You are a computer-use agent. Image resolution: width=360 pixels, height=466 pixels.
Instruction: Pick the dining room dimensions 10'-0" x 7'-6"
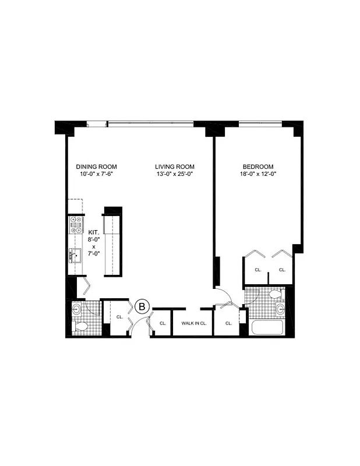click(97, 174)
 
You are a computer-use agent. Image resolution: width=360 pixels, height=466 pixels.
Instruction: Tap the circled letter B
click(143, 305)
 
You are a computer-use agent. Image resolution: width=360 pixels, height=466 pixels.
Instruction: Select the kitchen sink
click(75, 254)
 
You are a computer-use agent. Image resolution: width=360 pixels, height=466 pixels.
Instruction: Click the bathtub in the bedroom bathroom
click(267, 327)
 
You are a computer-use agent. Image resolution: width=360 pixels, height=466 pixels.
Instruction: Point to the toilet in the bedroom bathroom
click(275, 295)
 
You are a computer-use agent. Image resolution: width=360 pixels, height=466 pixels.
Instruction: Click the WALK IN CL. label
click(194, 323)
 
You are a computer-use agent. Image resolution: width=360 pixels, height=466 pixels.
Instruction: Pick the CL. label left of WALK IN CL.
click(163, 323)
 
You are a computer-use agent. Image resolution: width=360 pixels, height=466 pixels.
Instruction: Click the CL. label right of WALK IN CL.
click(228, 323)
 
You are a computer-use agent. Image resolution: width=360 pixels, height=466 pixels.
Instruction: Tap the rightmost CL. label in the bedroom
click(281, 270)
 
